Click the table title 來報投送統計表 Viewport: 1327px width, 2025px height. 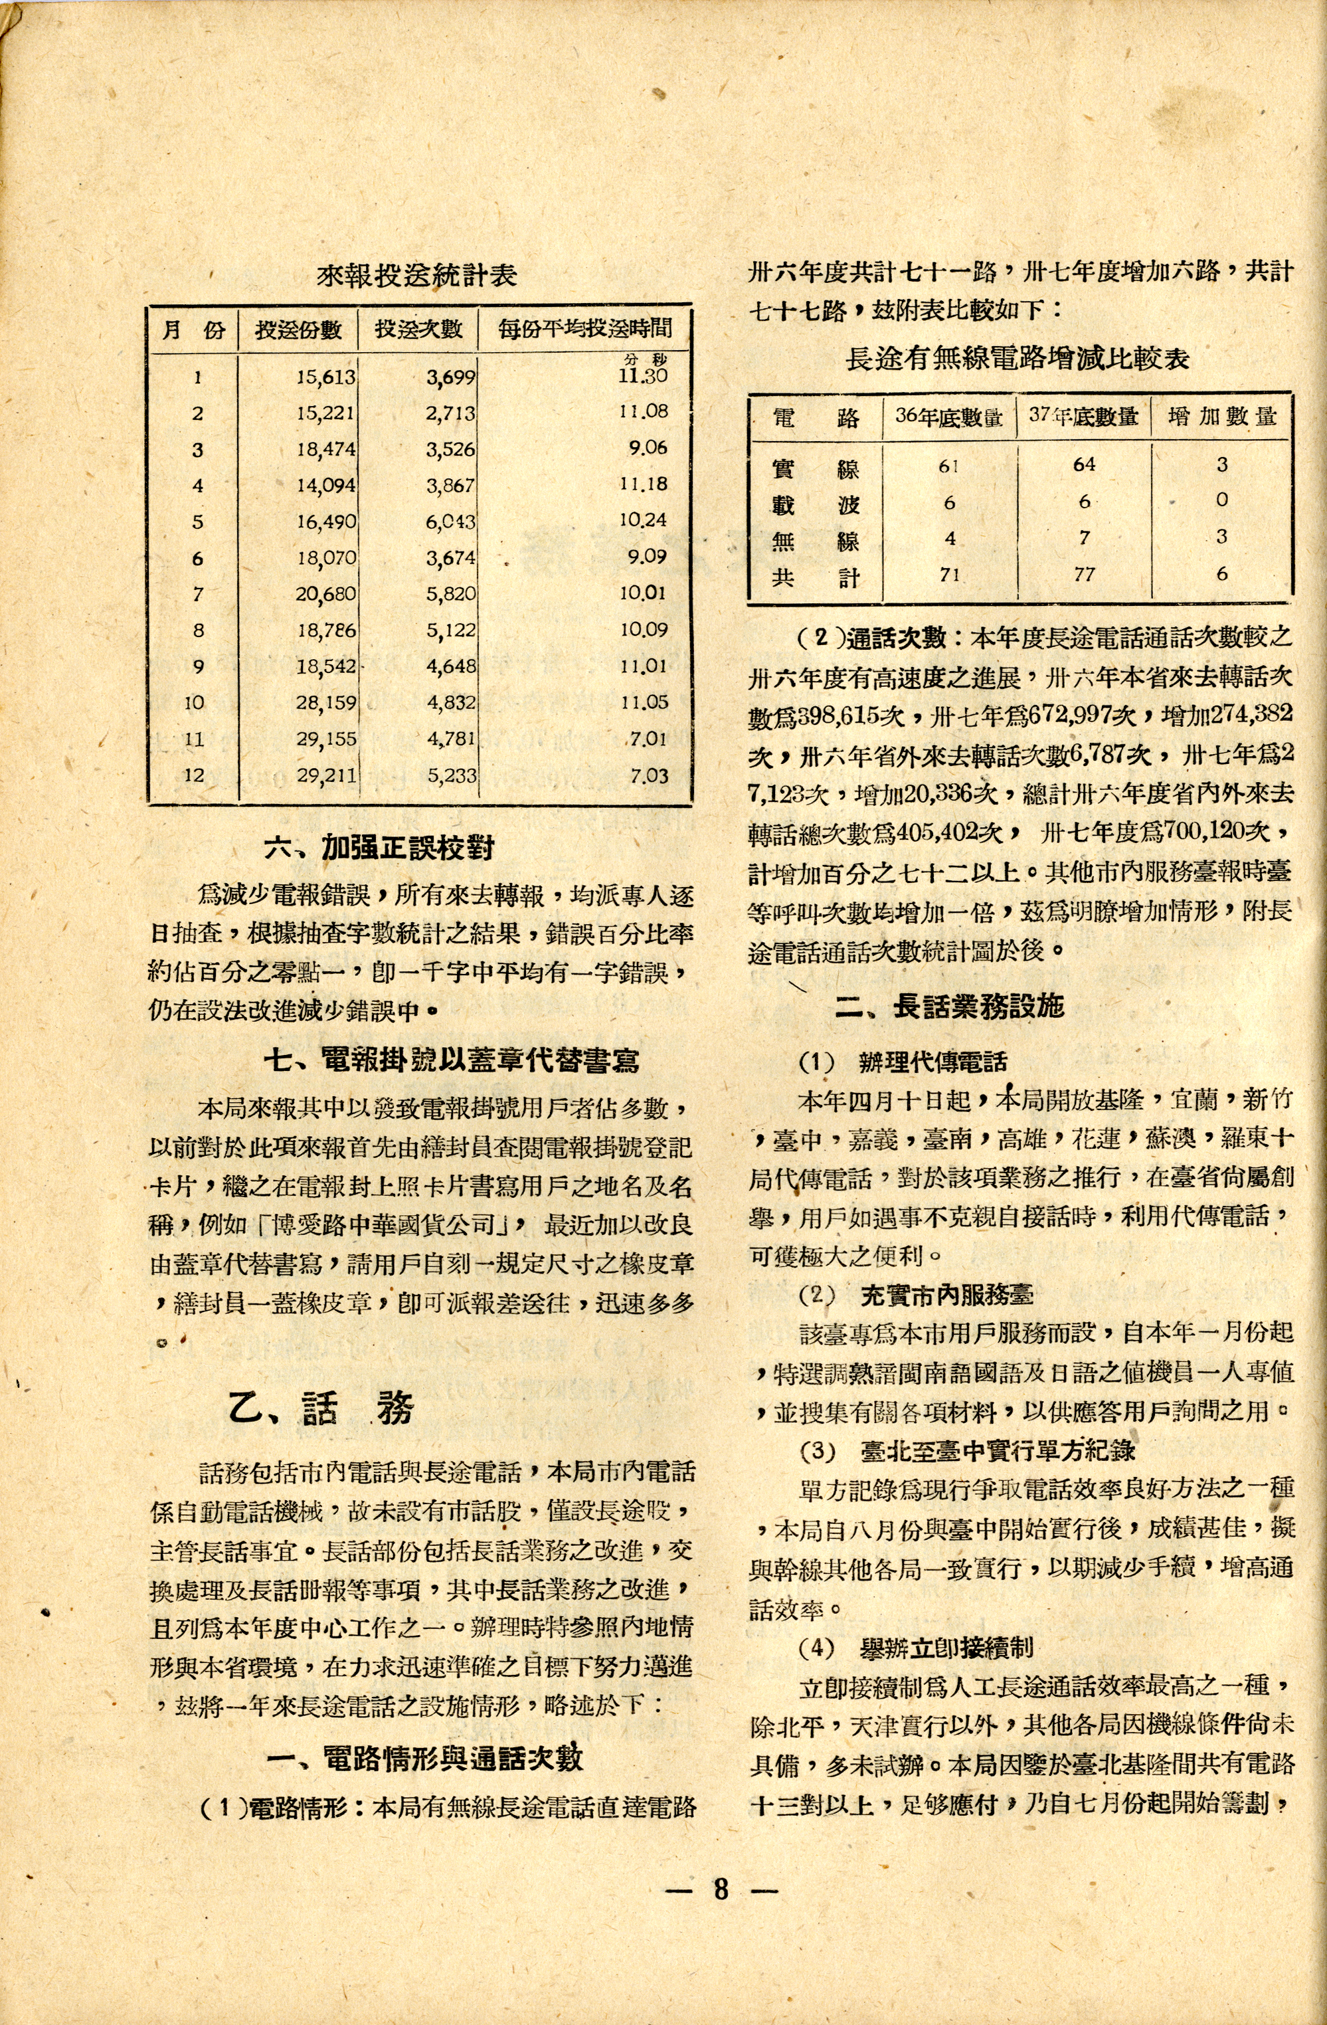coord(417,275)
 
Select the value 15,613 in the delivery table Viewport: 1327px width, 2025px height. coord(326,376)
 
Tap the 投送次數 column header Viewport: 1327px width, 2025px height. coord(418,328)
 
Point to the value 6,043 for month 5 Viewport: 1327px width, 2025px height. coord(450,521)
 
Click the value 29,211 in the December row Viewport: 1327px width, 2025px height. coord(326,775)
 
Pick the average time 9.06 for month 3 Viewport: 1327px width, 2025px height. coord(648,448)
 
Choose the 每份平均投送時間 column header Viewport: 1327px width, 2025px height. coord(585,328)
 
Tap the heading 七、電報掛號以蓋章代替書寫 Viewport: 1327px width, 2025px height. coord(451,1059)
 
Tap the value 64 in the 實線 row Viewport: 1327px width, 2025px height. coord(1084,464)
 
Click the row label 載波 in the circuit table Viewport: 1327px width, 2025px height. coord(815,504)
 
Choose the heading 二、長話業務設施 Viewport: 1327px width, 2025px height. coord(948,1007)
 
